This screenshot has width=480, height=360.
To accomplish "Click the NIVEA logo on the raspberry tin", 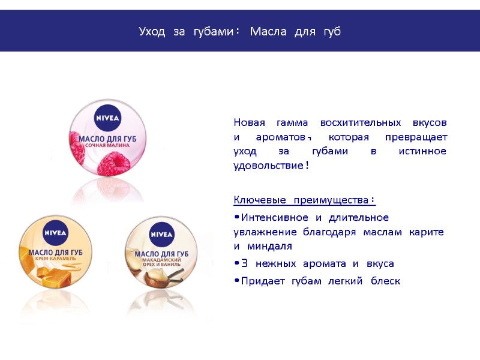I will click(x=108, y=118).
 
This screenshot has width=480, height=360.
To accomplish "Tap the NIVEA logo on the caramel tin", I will click(x=56, y=233).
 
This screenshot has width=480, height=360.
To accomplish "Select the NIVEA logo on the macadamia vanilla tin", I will click(x=161, y=233).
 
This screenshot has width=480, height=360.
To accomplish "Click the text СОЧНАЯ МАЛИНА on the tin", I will click(x=108, y=146).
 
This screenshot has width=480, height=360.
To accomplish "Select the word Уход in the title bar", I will click(x=152, y=31).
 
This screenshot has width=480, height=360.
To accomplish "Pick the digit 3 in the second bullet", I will click(x=244, y=263).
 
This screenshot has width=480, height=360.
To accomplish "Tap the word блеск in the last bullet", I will click(x=385, y=281).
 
